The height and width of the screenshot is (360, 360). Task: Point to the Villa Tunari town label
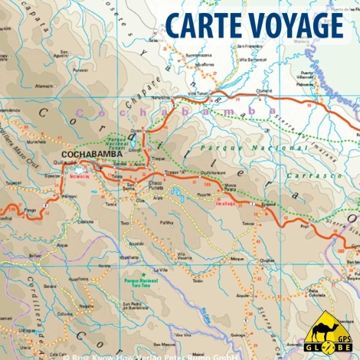point(198,93)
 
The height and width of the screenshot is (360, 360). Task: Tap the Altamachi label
point(44,87)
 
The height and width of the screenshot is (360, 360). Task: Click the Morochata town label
point(37,142)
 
